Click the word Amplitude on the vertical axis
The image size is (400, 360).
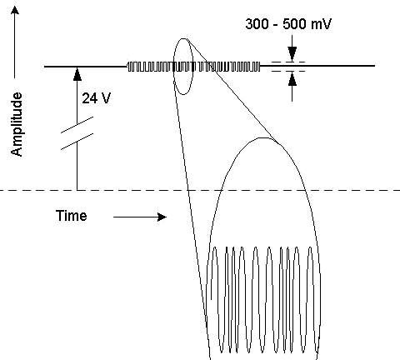17,124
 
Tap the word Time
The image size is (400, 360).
72,216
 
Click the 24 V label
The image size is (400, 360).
97,98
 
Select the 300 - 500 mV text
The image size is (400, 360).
288,24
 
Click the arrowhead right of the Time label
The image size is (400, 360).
162,217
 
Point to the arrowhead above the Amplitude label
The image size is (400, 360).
15,10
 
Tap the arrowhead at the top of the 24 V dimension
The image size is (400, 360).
77,74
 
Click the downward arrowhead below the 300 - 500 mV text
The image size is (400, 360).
292,54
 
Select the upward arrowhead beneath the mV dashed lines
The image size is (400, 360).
292,78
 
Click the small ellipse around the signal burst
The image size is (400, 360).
173,67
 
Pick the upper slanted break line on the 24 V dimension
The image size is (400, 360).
77,125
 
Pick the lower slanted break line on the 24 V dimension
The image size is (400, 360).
77,142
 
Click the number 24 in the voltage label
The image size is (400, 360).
89,98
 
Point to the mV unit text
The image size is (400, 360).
321,24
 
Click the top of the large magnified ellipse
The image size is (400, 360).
264,137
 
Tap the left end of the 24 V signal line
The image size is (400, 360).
44,67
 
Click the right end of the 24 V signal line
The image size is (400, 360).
375,66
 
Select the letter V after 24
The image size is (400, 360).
106,98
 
